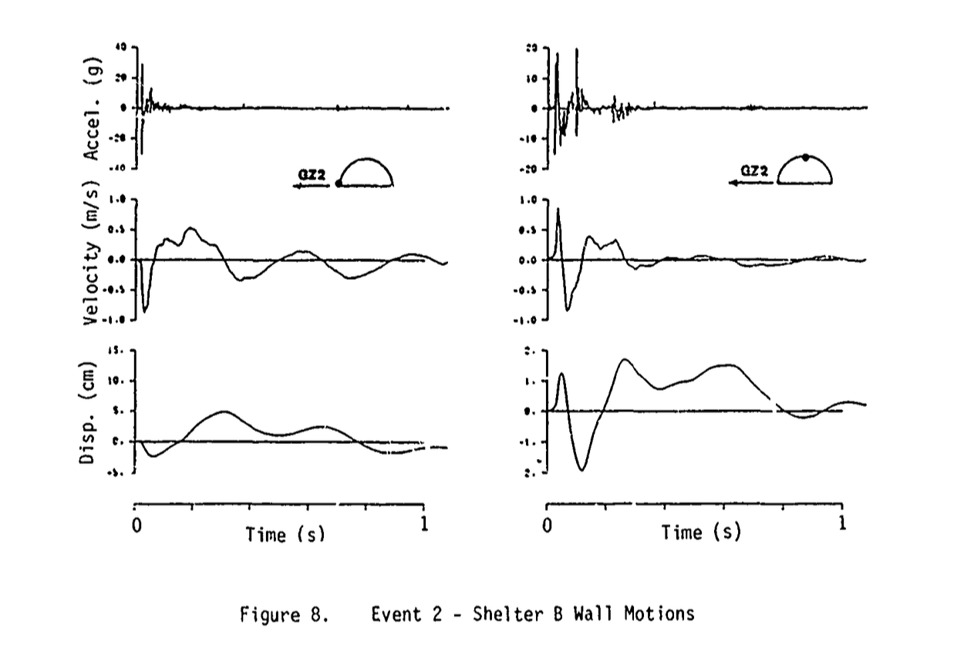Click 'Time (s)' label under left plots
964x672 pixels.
(285, 534)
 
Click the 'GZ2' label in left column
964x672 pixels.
(312, 176)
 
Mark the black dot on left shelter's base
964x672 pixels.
(339, 184)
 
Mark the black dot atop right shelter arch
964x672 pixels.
(806, 156)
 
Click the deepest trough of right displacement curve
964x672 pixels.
(582, 469)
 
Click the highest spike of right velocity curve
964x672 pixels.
(558, 209)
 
